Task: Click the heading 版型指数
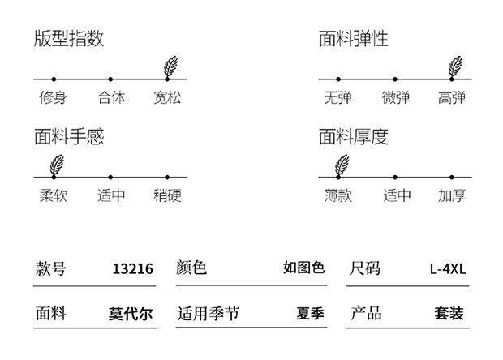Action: click(69, 38)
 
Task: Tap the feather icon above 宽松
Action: click(170, 66)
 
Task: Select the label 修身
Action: click(53, 97)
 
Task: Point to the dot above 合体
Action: click(110, 79)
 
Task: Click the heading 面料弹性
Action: click(354, 38)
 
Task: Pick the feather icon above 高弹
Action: click(455, 66)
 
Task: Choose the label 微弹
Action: click(396, 97)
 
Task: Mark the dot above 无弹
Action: click(338, 79)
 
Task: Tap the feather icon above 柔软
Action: click(57, 165)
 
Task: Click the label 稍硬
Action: click(167, 195)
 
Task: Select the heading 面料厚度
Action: click(354, 136)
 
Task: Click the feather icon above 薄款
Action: click(342, 165)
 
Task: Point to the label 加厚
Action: click(452, 195)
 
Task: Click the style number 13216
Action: click(133, 268)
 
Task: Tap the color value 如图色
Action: click(303, 268)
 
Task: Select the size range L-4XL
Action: click(448, 268)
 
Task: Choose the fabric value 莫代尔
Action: click(131, 314)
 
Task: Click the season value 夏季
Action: click(310, 313)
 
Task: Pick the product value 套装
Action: click(449, 313)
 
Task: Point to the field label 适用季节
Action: click(209, 313)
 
